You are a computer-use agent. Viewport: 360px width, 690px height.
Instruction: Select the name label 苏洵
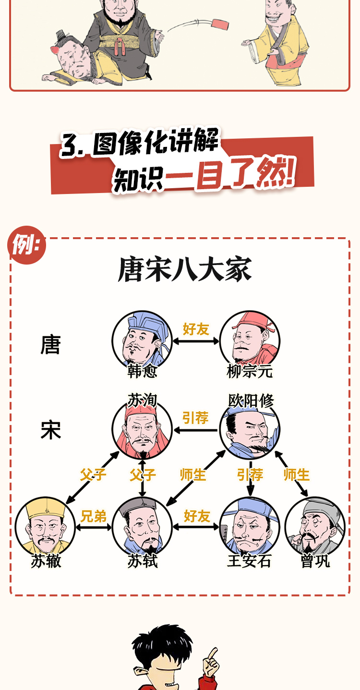point(142,400)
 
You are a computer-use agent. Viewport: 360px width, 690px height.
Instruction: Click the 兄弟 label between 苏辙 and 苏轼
point(94,516)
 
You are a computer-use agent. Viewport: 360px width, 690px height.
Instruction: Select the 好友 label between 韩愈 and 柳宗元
point(196,329)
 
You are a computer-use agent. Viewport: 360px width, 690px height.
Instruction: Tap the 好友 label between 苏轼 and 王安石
point(197,516)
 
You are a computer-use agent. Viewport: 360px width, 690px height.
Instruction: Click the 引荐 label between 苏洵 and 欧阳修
point(195,418)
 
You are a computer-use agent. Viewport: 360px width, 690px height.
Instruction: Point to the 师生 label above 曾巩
point(296,475)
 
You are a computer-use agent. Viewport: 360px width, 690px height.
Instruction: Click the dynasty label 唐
point(50,345)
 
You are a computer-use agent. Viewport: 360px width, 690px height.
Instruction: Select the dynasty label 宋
point(50,430)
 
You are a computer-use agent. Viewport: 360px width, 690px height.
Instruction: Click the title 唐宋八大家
point(185,270)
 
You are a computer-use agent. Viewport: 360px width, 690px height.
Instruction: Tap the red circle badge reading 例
point(27,245)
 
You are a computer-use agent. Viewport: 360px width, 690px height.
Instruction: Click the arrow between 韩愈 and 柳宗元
point(196,341)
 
